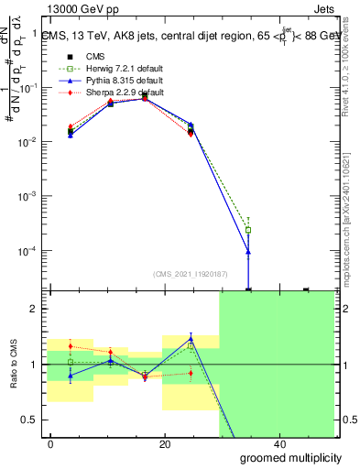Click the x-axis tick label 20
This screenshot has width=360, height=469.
[164, 444]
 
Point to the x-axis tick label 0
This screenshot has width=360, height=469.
[50, 444]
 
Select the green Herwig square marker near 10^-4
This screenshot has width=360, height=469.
[249, 230]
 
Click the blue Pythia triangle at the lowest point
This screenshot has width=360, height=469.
[249, 251]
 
